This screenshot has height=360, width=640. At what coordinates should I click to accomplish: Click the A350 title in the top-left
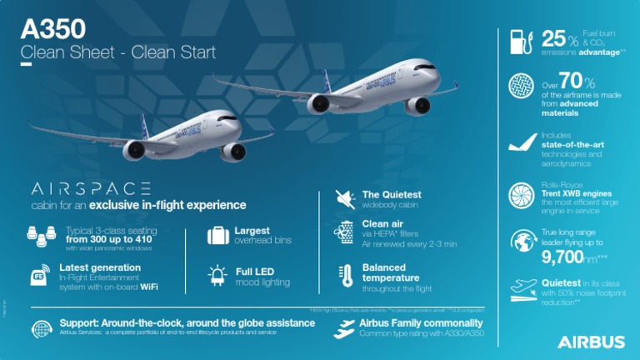[52, 28]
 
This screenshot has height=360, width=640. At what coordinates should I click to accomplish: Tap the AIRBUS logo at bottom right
[591, 342]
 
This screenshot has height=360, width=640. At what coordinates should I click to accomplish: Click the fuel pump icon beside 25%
[518, 42]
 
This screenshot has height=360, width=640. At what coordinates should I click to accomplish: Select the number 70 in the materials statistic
[567, 82]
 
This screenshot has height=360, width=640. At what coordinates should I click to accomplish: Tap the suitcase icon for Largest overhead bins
[218, 235]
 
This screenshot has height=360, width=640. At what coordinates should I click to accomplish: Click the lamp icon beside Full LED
[218, 276]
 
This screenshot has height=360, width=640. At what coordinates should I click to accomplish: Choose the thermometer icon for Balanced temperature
[344, 277]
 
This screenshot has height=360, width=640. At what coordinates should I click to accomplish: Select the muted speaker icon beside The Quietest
[344, 199]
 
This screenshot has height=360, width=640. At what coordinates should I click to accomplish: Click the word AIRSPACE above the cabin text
[91, 188]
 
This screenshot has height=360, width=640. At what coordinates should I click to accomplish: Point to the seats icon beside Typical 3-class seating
[37, 235]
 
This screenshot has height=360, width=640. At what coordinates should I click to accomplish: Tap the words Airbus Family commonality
[421, 322]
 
